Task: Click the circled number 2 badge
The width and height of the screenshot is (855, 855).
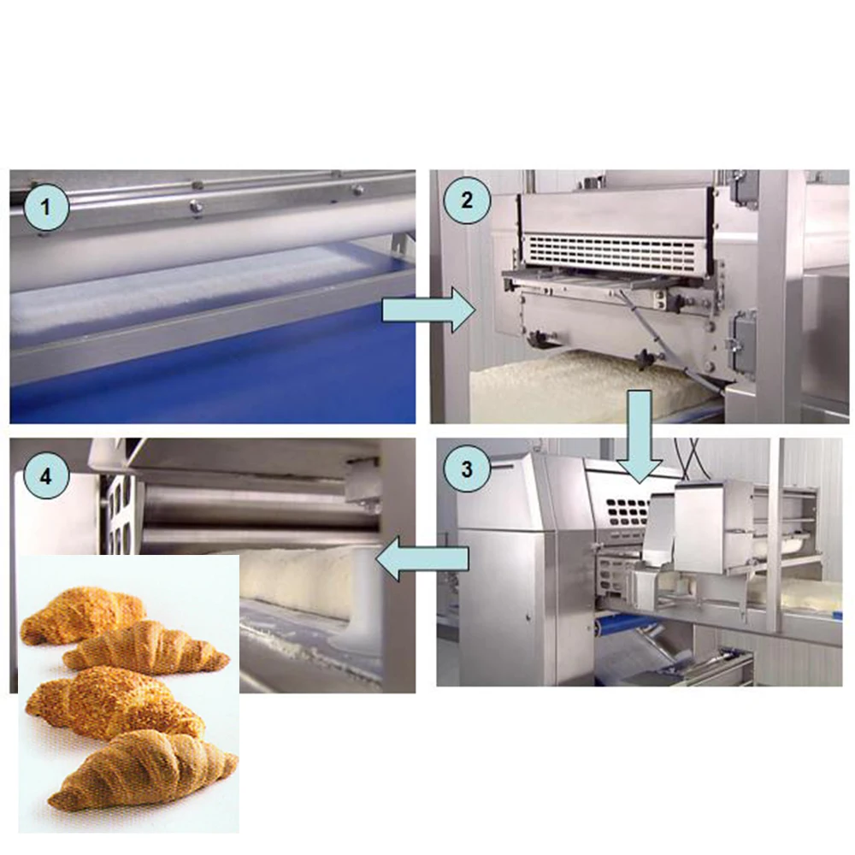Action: point(465,201)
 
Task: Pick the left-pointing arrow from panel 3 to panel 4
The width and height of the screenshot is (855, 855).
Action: point(423,560)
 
